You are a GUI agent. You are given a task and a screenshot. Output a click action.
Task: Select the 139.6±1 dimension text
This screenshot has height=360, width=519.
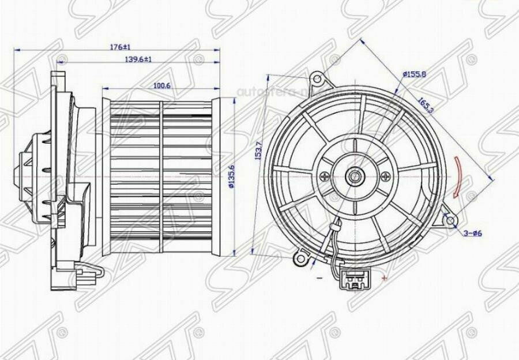(x=138, y=59)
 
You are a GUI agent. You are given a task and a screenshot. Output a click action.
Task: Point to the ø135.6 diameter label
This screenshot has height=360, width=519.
(x=231, y=176)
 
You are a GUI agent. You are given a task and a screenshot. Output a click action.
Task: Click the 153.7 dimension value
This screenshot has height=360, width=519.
(x=259, y=151)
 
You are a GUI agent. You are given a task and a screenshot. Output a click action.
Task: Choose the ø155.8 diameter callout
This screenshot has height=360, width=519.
(x=414, y=74)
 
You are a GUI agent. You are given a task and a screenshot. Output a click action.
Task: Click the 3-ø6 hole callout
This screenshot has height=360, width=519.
(x=472, y=233)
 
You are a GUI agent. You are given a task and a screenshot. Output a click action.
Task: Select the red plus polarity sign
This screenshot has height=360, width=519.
(x=384, y=277)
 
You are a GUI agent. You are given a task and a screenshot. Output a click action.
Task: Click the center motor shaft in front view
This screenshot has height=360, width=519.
(x=354, y=176)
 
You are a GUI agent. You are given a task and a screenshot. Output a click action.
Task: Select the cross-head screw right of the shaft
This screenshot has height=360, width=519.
(x=380, y=176)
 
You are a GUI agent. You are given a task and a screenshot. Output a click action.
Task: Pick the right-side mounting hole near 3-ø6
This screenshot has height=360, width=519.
(x=452, y=219)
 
